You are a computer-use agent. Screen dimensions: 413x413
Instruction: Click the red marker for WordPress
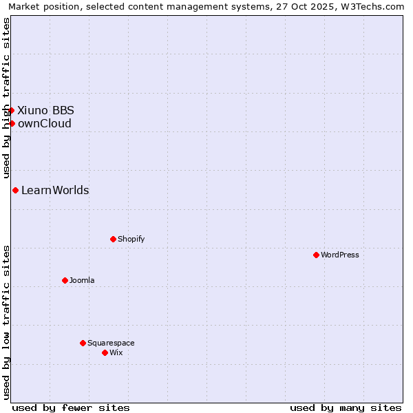tap(316, 255)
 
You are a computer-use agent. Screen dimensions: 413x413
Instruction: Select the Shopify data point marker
tap(113, 239)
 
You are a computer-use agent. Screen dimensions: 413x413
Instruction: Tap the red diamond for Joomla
tap(65, 280)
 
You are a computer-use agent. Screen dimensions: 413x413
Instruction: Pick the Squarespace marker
tap(83, 343)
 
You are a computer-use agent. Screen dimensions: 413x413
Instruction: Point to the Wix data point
tap(105, 352)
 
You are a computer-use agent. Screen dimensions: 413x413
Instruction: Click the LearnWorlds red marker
tap(15, 190)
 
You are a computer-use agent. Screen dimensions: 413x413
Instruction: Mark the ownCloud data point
tap(12, 123)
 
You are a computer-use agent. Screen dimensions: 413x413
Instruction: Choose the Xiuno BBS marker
tap(11, 110)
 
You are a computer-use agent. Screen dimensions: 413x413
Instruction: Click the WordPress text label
tap(340, 255)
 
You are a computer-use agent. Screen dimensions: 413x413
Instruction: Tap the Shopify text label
tap(131, 239)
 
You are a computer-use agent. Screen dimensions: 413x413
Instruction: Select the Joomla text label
tap(82, 280)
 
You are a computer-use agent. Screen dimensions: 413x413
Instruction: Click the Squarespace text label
tap(111, 343)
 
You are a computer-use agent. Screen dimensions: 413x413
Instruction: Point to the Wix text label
tap(116, 352)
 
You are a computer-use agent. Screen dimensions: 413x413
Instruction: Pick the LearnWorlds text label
tap(55, 190)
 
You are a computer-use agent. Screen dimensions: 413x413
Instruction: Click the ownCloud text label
tap(44, 124)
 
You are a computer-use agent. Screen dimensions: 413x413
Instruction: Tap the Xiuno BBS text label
tap(45, 110)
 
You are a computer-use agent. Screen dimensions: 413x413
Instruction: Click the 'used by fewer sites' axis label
tap(71, 407)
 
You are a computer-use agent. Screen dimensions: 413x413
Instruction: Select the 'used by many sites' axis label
tap(346, 407)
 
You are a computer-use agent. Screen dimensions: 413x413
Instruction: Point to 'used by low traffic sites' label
tap(6, 322)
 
